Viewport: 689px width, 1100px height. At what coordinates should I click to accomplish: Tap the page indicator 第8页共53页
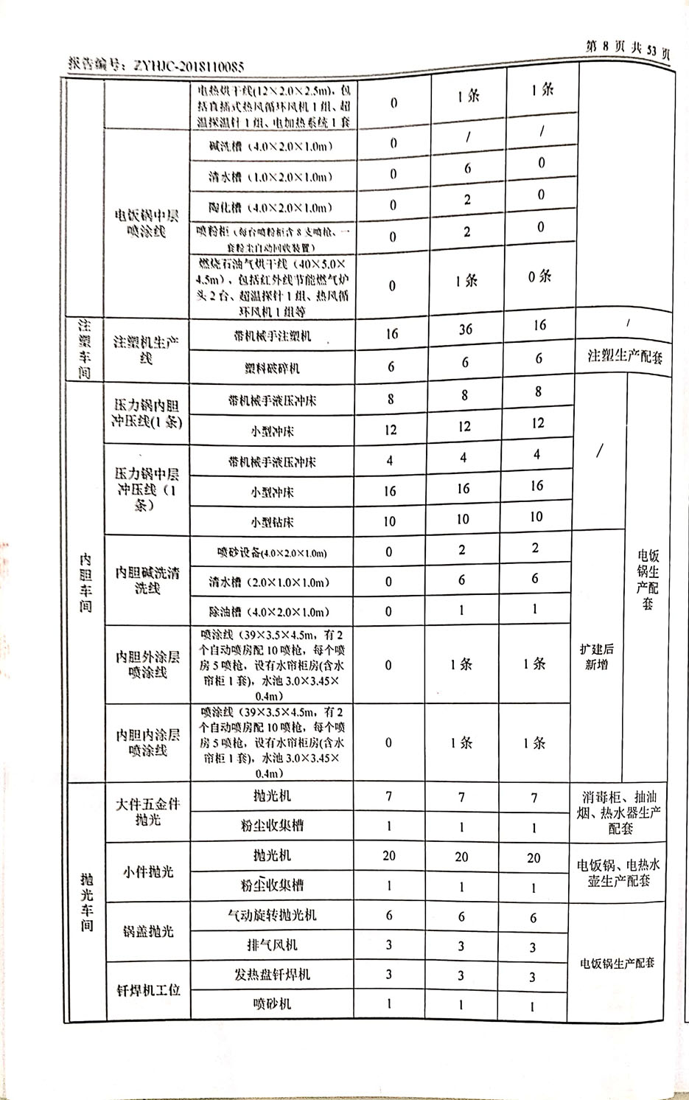point(626,49)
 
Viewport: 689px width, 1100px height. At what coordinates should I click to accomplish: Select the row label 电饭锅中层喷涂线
point(147,223)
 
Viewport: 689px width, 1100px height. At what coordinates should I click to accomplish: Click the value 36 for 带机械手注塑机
point(466,330)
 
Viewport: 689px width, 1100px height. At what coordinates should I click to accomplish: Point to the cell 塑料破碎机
point(272,367)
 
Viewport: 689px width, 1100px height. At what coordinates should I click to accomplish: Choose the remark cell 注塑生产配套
point(624,357)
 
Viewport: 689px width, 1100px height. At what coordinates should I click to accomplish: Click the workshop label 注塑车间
point(85,349)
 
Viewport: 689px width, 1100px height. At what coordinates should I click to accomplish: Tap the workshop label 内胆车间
point(86,582)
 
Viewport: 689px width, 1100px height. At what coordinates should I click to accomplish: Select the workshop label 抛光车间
point(87,901)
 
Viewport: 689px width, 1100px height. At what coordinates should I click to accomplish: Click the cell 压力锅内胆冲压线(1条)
point(147,414)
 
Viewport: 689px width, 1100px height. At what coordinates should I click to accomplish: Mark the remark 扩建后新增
point(597,656)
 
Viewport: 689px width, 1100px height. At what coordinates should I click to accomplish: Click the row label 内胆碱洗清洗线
point(147,580)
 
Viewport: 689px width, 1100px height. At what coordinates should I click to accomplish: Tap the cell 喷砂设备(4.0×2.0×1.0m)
point(272,552)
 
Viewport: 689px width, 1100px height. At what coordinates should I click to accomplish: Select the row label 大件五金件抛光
point(147,812)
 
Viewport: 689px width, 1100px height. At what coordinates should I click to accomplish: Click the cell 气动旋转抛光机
point(272,915)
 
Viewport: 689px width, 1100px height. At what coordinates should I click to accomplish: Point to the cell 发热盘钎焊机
point(272,974)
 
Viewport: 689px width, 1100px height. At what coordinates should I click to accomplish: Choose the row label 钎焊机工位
point(148,990)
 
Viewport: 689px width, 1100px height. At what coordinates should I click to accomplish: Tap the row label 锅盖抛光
point(148,931)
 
